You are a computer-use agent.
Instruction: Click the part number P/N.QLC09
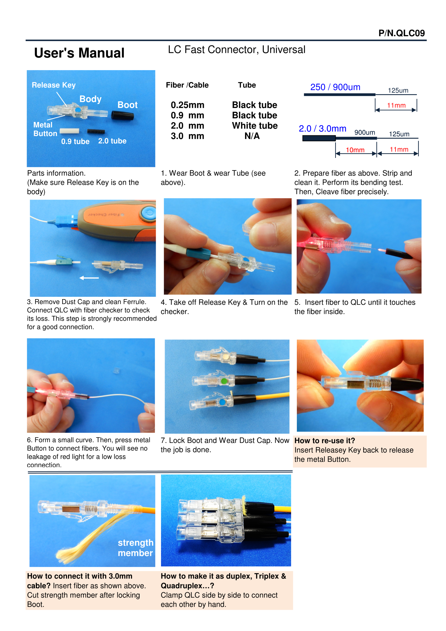pyautogui.click(x=401, y=33)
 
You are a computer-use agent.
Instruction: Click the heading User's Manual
pyautogui.click(x=79, y=53)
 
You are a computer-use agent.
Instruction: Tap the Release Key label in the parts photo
pyautogui.click(x=54, y=85)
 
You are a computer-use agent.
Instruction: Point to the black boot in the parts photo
pyautogui.click(x=123, y=115)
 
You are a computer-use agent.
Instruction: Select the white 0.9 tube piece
pyautogui.click(x=69, y=131)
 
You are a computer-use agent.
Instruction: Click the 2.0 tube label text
pyautogui.click(x=112, y=141)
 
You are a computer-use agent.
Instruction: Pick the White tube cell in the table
pyautogui.click(x=255, y=126)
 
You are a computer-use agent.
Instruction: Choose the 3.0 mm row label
pyautogui.click(x=187, y=136)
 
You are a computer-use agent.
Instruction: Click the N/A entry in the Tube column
pyautogui.click(x=252, y=136)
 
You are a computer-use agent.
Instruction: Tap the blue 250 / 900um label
pyautogui.click(x=335, y=87)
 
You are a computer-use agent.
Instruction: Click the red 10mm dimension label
pyautogui.click(x=355, y=150)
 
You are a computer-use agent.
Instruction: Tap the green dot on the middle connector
pyautogui.click(x=224, y=381)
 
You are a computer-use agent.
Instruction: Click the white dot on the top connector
pyautogui.click(x=226, y=357)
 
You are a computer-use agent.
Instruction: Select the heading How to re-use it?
pyautogui.click(x=325, y=441)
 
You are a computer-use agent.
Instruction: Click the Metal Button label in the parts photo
pyautogui.click(x=45, y=129)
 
